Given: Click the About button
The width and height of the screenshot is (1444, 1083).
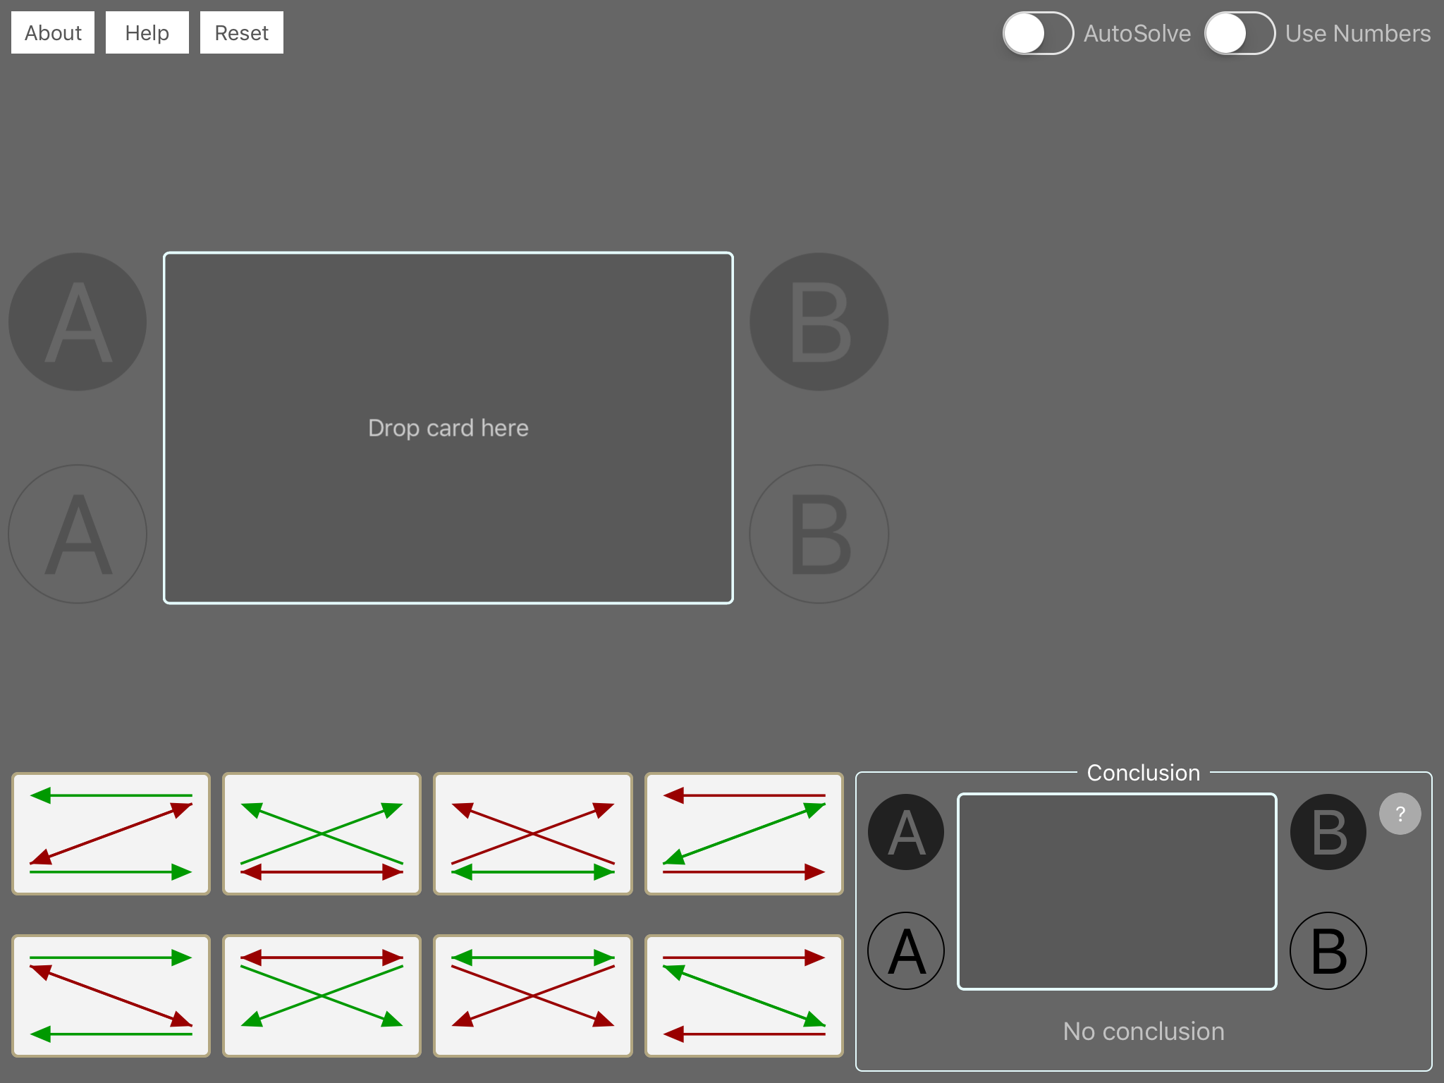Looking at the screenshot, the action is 53,32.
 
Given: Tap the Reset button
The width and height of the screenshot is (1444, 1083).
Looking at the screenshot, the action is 242,32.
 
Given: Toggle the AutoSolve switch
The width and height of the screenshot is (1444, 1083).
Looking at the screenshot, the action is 1038,33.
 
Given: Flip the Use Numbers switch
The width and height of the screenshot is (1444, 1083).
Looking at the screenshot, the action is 1240,33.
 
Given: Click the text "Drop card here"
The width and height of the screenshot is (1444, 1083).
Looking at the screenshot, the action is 448,428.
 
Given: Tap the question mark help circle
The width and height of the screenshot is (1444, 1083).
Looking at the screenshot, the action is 1400,814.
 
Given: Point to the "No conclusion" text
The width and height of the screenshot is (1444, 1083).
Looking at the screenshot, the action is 1144,1032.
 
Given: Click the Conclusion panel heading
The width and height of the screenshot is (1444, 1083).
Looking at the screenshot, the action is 1144,773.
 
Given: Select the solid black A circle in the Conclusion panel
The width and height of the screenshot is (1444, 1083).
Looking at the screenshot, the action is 906,832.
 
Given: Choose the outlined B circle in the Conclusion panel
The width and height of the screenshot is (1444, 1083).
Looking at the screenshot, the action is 1328,951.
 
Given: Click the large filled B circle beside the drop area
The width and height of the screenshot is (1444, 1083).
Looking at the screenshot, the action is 819,322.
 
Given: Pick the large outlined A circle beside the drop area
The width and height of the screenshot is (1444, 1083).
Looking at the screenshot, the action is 78,534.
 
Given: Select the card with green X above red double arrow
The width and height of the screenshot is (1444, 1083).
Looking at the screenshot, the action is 322,834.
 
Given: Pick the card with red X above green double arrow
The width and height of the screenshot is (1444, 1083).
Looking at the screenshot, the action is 533,834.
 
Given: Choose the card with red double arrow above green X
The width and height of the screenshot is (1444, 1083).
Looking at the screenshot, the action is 322,996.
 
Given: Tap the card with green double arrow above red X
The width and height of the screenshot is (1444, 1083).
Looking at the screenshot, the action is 533,996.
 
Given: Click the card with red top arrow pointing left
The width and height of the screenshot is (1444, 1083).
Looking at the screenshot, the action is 745,834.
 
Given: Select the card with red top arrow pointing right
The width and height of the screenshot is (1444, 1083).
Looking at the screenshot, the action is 745,996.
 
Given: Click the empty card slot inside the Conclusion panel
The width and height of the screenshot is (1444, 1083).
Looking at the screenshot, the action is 1117,892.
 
